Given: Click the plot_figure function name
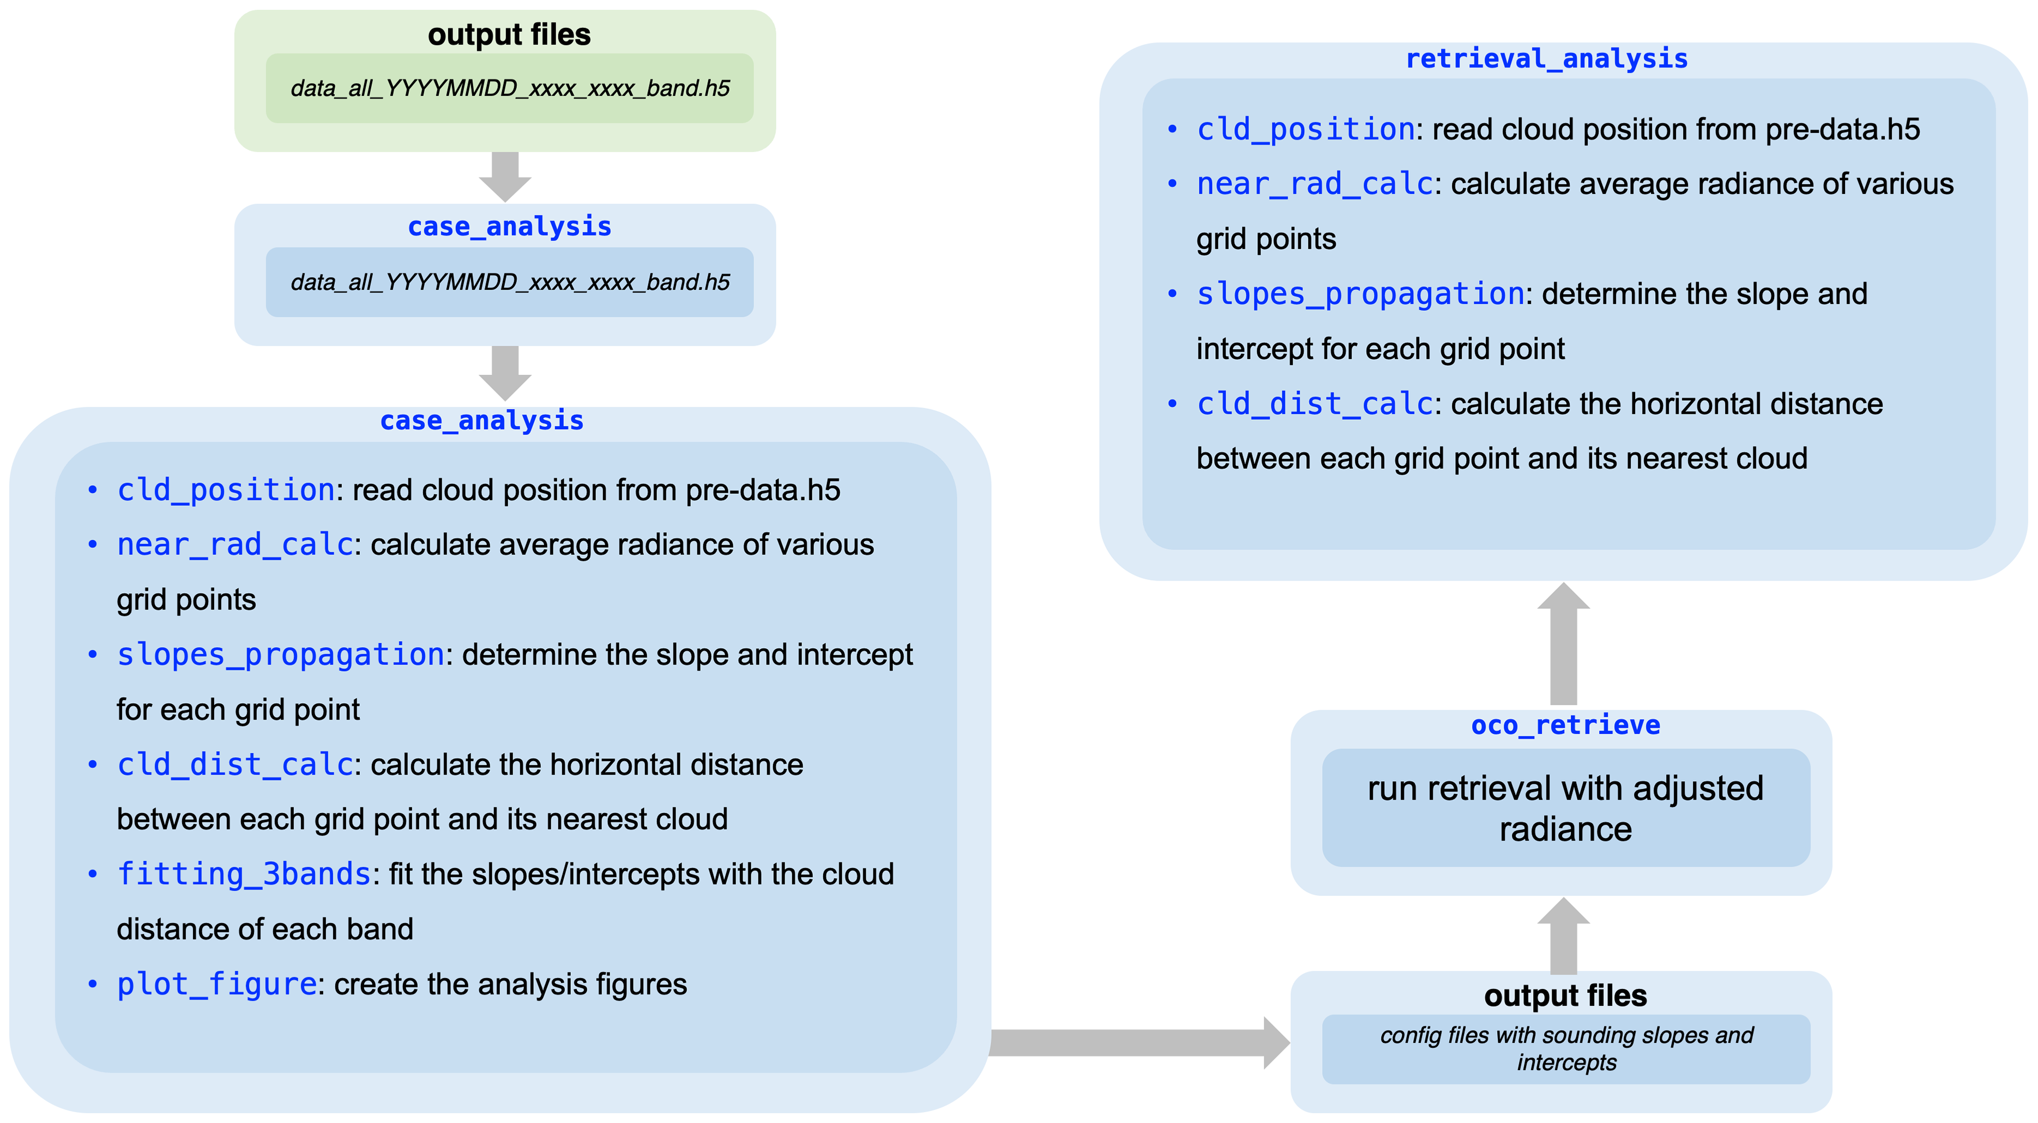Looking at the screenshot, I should (217, 984).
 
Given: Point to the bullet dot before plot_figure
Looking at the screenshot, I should (93, 985).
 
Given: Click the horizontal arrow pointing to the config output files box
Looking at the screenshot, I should (1139, 1042).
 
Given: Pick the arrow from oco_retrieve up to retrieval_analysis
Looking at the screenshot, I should (1563, 644).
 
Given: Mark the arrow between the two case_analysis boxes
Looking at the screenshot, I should (505, 372).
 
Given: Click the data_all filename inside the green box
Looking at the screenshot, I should (509, 88).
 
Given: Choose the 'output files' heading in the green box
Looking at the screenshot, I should (509, 35).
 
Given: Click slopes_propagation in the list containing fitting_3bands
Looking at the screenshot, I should (280, 655).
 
